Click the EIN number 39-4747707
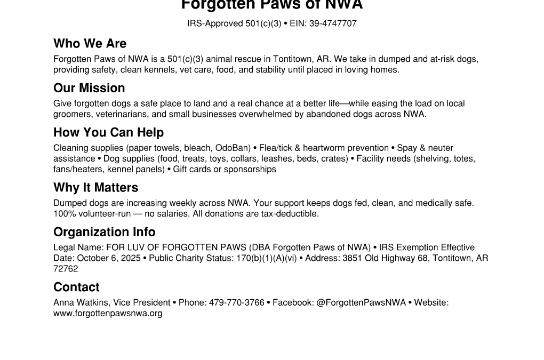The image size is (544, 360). click(x=333, y=23)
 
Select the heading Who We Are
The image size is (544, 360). click(x=90, y=44)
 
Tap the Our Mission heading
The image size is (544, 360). click(x=89, y=88)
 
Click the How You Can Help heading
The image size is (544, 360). click(x=108, y=132)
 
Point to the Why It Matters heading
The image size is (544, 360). click(x=95, y=188)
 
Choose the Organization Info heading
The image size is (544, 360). click(x=104, y=232)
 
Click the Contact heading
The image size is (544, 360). click(x=76, y=287)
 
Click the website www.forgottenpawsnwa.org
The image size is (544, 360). click(x=108, y=313)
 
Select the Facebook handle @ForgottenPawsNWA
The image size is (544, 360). click(x=361, y=302)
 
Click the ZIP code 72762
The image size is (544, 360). click(x=66, y=269)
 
